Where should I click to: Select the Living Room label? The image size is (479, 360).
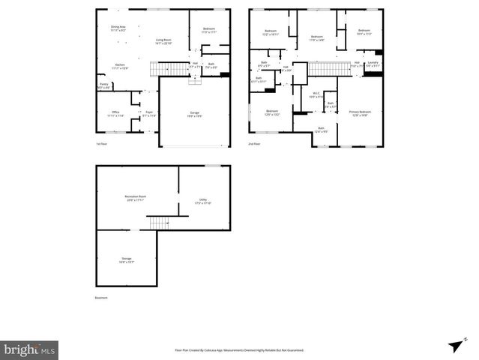pyautogui.click(x=163, y=41)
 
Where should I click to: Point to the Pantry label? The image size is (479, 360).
pyautogui.click(x=104, y=85)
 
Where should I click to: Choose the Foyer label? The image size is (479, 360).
pyautogui.click(x=148, y=114)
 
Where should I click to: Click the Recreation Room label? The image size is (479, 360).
pyautogui.click(x=136, y=198)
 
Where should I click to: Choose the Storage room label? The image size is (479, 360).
pyautogui.click(x=126, y=259)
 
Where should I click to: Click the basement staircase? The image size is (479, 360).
pyautogui.click(x=160, y=223)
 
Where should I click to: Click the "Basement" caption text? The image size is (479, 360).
pyautogui.click(x=101, y=298)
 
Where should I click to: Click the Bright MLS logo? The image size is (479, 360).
pyautogui.click(x=29, y=349)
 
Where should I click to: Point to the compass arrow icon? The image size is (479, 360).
pyautogui.click(x=454, y=344)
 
